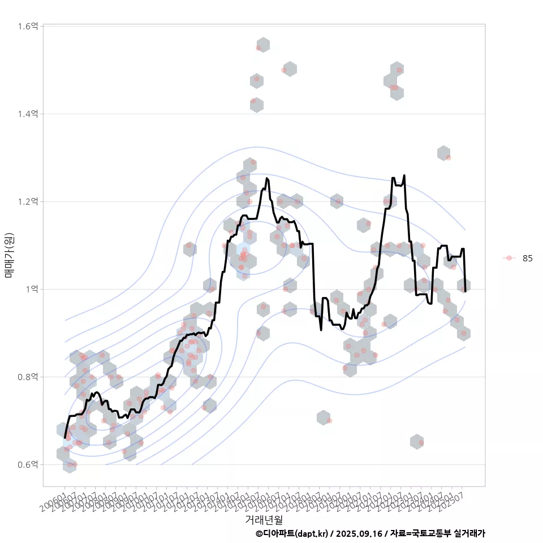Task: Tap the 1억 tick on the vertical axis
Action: pos(32,289)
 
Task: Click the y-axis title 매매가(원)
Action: pos(10,256)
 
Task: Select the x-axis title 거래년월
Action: pos(264,519)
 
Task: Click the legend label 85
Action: pos(527,258)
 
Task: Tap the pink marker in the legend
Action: pos(509,258)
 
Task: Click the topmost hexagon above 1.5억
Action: pos(263,45)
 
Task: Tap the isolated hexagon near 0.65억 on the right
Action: pos(417,441)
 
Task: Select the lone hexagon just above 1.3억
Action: pos(443,153)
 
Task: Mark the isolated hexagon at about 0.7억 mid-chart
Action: pos(324,418)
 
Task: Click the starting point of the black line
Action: pos(65,437)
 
